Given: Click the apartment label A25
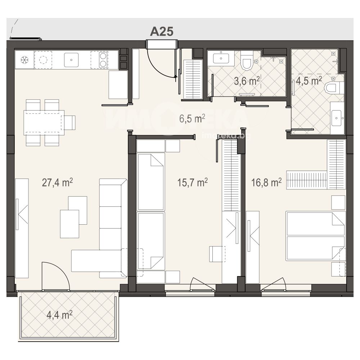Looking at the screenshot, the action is [162, 31].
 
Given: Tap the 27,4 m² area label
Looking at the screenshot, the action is [57, 183].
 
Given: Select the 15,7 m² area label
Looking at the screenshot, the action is [192, 183].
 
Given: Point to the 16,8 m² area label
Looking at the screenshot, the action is [266, 183].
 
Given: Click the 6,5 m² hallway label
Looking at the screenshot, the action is [192, 119].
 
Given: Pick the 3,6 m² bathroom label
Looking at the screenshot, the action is [247, 81].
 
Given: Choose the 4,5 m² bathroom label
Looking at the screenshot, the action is [309, 81].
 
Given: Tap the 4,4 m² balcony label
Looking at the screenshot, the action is [59, 315].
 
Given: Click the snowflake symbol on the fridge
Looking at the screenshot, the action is [24, 60].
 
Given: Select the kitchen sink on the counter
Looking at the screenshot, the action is [71, 60].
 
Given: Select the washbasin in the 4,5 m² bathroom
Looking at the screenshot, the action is [337, 118].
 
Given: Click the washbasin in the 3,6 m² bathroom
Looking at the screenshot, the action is [221, 58].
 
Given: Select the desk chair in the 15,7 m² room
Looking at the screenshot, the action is [217, 254].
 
